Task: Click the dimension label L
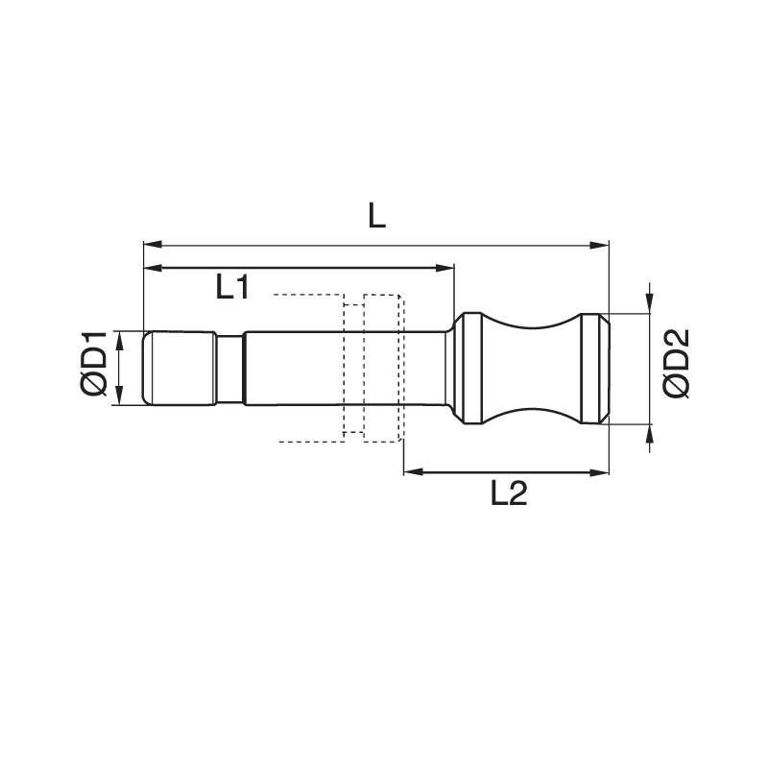pyautogui.click(x=376, y=216)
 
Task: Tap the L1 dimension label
pyautogui.click(x=232, y=287)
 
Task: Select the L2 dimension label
pyautogui.click(x=509, y=493)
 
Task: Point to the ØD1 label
pyautogui.click(x=93, y=363)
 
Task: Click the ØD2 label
pyautogui.click(x=676, y=363)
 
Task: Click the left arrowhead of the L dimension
pyautogui.click(x=153, y=245)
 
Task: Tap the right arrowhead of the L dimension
pyautogui.click(x=599, y=245)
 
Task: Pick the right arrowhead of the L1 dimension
pyautogui.click(x=444, y=268)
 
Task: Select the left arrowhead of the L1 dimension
pyautogui.click(x=153, y=268)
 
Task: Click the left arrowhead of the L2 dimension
pyautogui.click(x=413, y=472)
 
